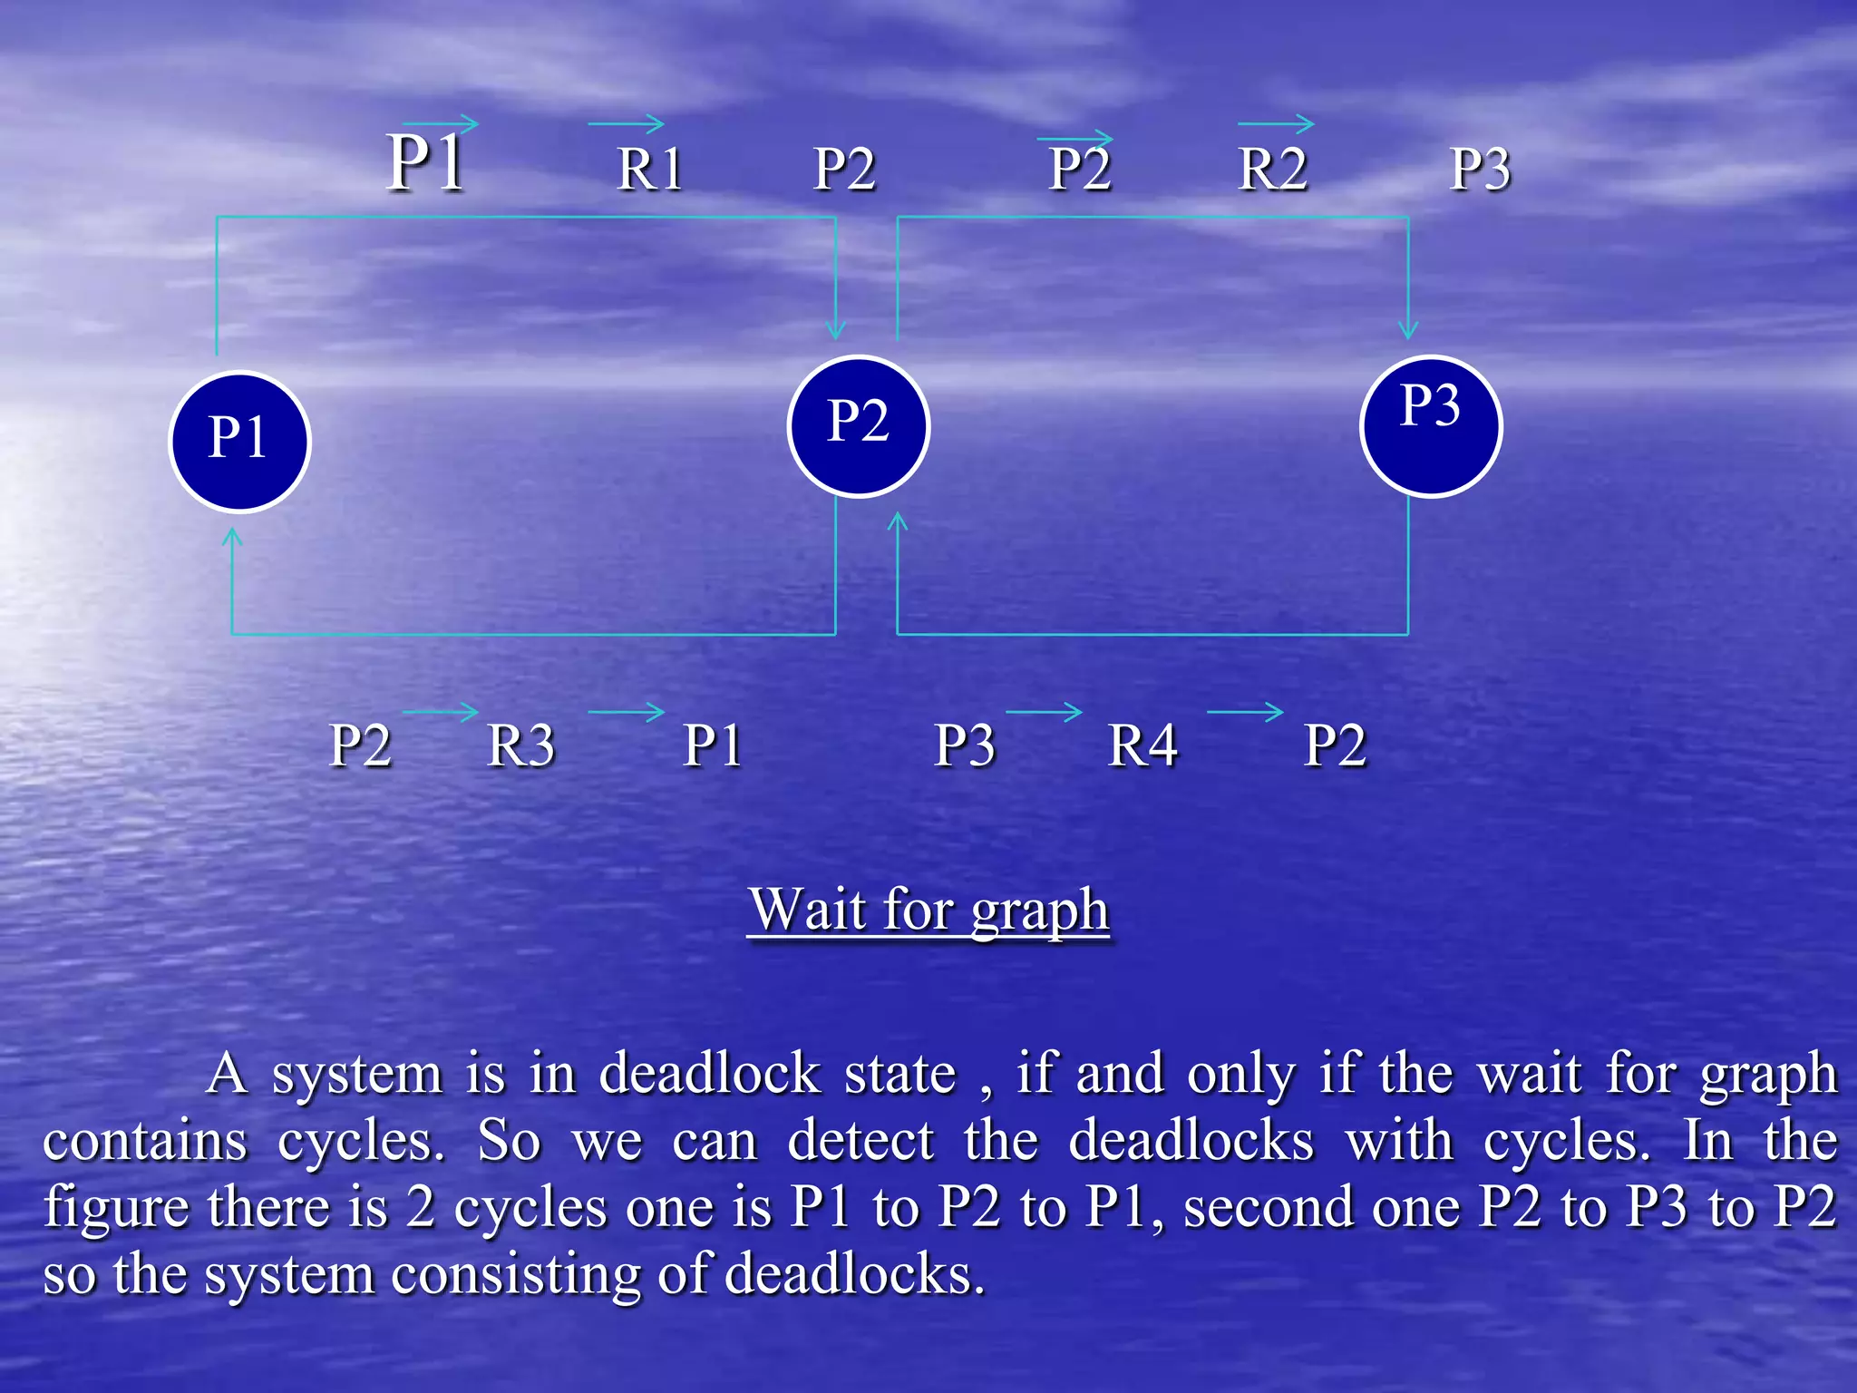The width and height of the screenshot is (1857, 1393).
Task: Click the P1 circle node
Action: (x=239, y=442)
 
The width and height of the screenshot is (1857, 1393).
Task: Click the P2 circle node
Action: (x=858, y=426)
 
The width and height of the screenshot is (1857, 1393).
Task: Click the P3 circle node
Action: (x=1431, y=426)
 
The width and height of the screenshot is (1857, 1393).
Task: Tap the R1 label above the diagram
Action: (x=649, y=169)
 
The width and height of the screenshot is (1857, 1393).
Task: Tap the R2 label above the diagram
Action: (x=1272, y=169)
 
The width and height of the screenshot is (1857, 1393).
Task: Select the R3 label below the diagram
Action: (x=520, y=745)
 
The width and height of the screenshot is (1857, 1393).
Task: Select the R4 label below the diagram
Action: (x=1142, y=745)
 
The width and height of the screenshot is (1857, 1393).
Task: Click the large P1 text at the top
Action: (x=426, y=163)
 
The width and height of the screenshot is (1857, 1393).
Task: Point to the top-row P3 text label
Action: (x=1480, y=169)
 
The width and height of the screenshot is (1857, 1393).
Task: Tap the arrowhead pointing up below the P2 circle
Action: (x=898, y=521)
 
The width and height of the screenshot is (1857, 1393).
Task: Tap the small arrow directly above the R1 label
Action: (x=626, y=123)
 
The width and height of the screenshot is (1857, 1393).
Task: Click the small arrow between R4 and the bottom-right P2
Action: (x=1245, y=712)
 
